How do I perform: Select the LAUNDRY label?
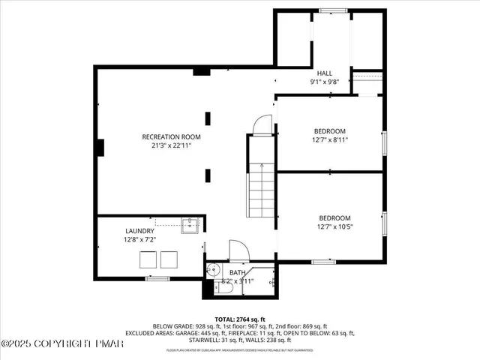(x=139, y=231)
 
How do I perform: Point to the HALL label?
(x=325, y=73)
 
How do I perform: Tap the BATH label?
(x=238, y=272)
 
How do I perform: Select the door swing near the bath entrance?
(x=238, y=250)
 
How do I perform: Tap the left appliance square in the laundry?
(x=148, y=259)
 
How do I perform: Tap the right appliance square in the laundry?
(x=169, y=259)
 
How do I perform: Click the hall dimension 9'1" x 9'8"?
(x=325, y=81)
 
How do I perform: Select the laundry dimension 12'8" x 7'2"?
(x=139, y=239)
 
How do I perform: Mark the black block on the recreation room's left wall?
(x=97, y=147)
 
